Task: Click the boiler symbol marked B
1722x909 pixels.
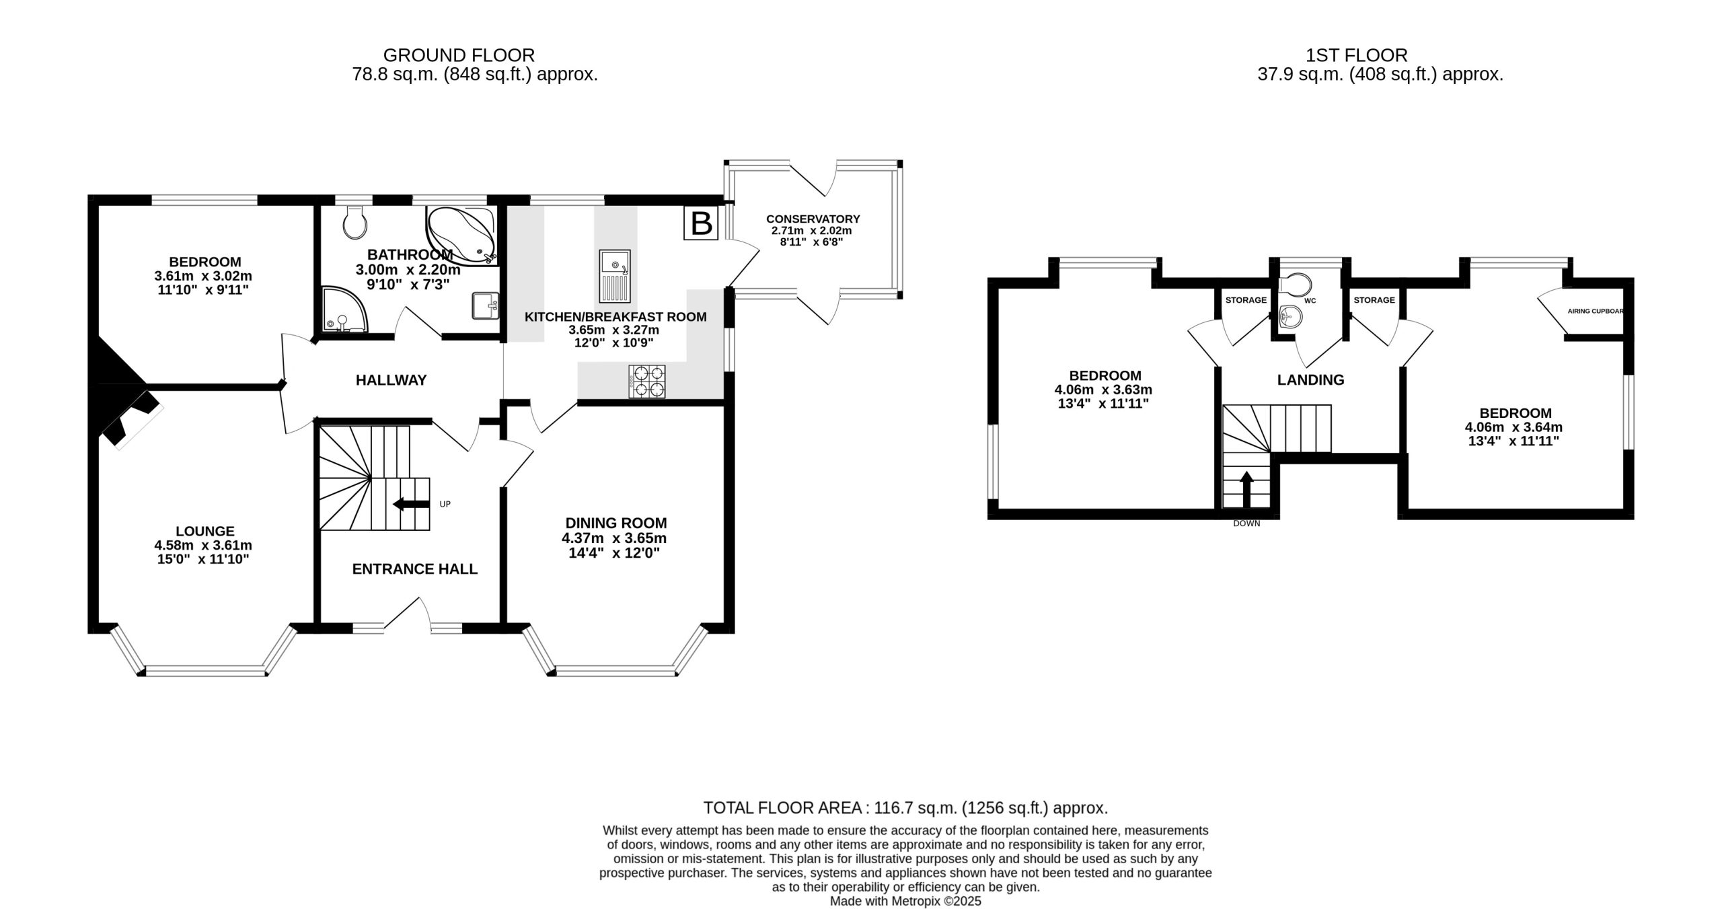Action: [702, 223]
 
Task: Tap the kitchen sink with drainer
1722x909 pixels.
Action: [615, 276]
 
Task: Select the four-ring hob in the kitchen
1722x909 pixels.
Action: [647, 381]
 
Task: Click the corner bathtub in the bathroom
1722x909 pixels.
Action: [462, 235]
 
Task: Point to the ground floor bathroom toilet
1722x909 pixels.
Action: [354, 222]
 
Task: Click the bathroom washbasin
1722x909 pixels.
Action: [486, 306]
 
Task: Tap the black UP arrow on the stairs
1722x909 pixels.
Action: [411, 504]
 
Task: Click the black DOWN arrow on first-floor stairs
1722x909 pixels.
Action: [1246, 489]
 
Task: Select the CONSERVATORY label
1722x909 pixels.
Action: [813, 219]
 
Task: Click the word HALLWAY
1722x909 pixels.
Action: [391, 380]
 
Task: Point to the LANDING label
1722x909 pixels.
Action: [1310, 380]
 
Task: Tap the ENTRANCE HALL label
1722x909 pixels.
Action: [415, 569]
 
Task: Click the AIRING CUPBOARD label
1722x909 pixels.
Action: [1596, 312]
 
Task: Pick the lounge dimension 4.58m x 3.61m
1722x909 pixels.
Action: [203, 545]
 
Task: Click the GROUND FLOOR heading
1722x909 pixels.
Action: [459, 55]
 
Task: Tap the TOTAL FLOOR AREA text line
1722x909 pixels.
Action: [905, 807]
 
